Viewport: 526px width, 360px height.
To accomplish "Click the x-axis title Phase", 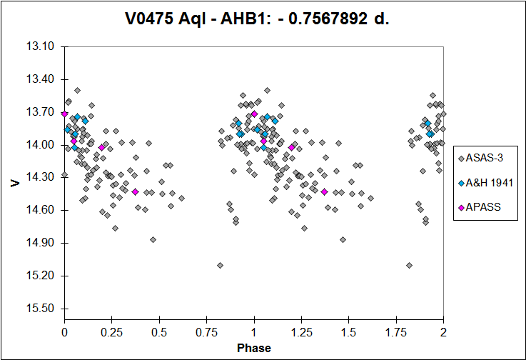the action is tap(254, 349).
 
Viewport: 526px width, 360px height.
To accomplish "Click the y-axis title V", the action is tap(16, 183).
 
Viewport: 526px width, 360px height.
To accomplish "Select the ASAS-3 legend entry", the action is tap(481, 158).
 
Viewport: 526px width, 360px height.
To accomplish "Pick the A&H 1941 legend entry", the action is tap(486, 183).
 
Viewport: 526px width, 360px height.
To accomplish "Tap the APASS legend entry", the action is tap(480, 207).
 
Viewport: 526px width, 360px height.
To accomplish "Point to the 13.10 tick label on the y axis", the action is tap(40, 46).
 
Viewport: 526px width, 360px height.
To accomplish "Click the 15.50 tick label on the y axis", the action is tap(40, 309).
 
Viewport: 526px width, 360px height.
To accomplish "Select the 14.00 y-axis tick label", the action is tap(40, 145).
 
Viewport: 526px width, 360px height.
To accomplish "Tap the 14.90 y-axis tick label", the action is tap(40, 243).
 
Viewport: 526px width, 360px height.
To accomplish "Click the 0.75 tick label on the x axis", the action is tap(206, 332).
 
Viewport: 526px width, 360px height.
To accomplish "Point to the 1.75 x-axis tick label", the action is tap(396, 332).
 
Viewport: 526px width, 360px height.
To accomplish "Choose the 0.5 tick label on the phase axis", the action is tap(159, 332).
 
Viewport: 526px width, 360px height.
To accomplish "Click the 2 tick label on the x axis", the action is tap(443, 332).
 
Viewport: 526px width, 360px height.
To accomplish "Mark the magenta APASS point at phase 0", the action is tap(64, 114).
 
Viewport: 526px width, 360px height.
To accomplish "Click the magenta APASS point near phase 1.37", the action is tap(325, 191).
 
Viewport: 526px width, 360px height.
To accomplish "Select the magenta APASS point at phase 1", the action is tap(254, 114).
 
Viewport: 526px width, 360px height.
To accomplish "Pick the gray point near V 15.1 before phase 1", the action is tap(220, 265).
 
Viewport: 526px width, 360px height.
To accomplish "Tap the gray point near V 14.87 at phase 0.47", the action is tap(153, 240).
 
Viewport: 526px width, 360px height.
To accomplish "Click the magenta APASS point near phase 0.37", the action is tap(135, 191).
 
